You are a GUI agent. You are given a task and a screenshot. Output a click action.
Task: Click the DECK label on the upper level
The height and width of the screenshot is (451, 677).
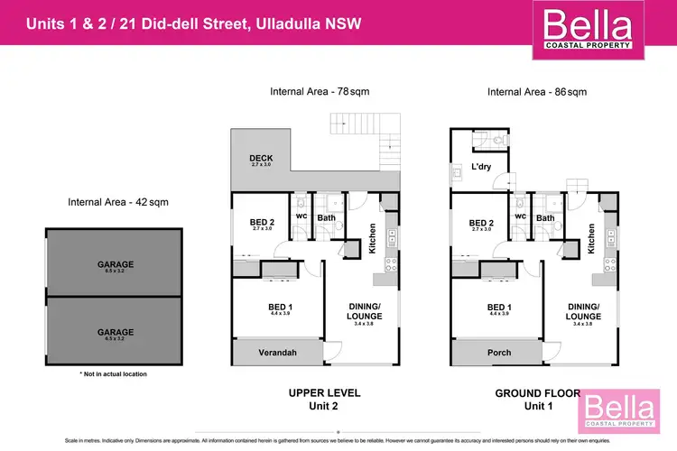coord(262,160)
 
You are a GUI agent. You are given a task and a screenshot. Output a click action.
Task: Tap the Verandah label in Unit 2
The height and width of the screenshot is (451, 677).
coord(279,353)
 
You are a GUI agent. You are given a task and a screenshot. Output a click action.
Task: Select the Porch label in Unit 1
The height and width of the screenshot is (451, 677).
coord(499,353)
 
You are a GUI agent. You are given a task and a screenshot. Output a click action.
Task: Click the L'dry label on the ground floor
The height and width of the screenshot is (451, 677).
coord(480,168)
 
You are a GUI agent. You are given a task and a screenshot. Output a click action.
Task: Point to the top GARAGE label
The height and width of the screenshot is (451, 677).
coord(116,264)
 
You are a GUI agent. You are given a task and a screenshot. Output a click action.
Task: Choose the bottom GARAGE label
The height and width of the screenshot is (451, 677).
coord(116,332)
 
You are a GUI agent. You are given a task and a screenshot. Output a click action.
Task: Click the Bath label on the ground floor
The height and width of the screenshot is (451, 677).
coord(546,217)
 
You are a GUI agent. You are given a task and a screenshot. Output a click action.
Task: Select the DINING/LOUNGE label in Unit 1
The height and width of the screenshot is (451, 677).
coord(584,311)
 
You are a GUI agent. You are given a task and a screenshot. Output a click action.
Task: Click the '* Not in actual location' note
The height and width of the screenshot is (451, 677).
coord(113,373)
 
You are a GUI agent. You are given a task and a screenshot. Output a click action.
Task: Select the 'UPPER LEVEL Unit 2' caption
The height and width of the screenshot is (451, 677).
coord(324,399)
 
